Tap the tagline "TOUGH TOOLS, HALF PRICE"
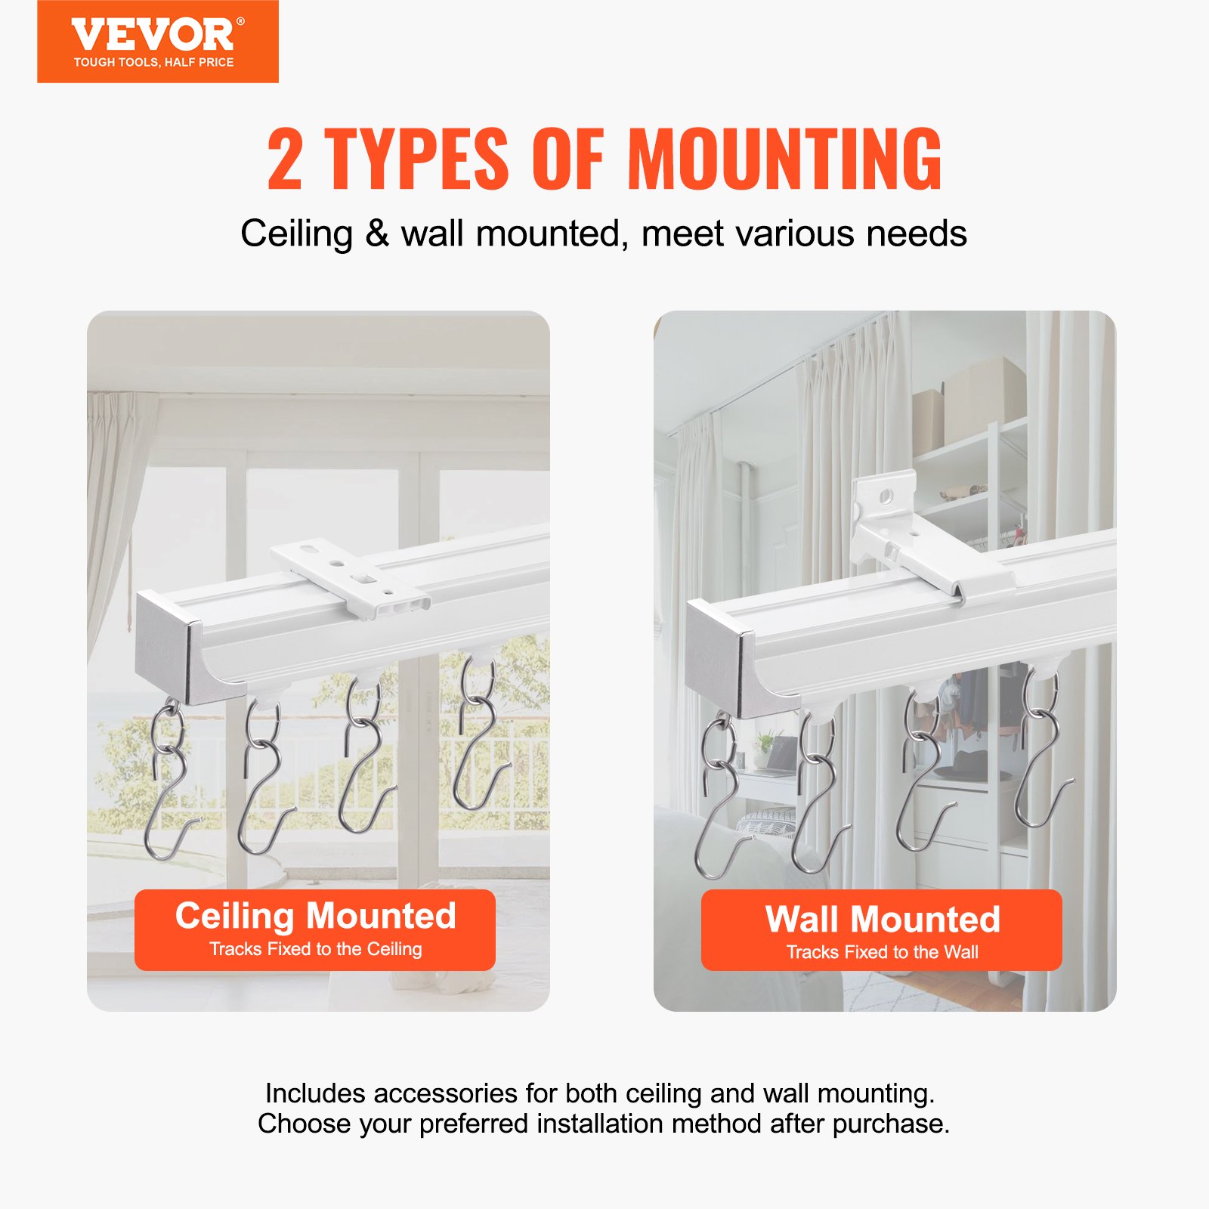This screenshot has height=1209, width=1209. click(153, 63)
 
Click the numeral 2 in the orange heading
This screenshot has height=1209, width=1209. click(285, 159)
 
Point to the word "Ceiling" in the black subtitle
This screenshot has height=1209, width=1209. click(296, 233)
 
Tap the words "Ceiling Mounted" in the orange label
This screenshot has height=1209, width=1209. click(315, 916)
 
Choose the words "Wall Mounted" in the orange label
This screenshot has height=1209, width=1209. click(882, 920)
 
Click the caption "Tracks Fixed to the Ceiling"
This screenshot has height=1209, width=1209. click(315, 949)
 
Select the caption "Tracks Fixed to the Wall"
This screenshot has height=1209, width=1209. click(882, 952)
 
